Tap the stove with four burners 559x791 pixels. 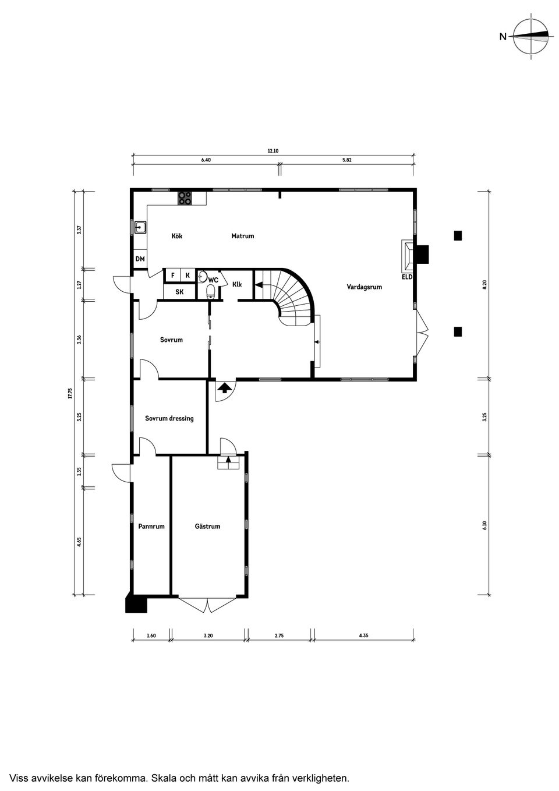(185, 198)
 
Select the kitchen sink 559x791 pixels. (140, 227)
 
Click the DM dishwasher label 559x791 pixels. (140, 259)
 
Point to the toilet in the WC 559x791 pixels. (211, 291)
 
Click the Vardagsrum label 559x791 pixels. (364, 287)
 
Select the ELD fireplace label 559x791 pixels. (406, 277)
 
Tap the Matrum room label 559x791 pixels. (242, 236)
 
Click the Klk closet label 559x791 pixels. (237, 284)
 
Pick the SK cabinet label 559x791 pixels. (179, 292)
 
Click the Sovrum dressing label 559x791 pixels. (169, 418)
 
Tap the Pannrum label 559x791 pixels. (151, 526)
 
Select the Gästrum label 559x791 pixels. (207, 526)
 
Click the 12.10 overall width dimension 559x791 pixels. (273, 151)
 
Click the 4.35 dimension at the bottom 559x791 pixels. (363, 635)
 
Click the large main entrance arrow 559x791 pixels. (224, 387)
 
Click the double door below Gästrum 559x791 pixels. (208, 605)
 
